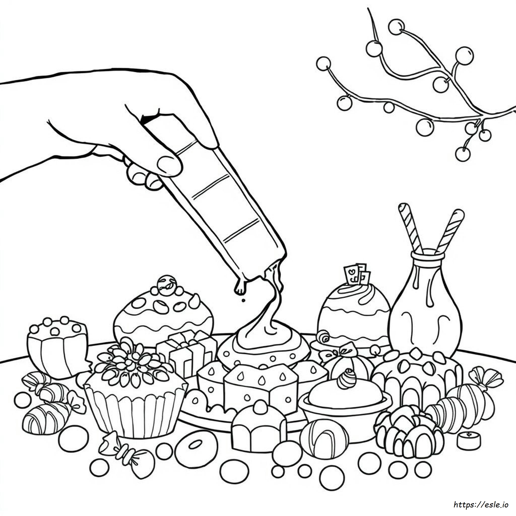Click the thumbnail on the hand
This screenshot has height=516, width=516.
tap(169, 165)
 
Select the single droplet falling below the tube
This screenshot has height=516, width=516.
tap(243, 300)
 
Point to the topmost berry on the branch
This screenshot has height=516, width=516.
tap(396, 27)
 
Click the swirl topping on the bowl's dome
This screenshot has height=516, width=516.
tap(346, 379)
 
